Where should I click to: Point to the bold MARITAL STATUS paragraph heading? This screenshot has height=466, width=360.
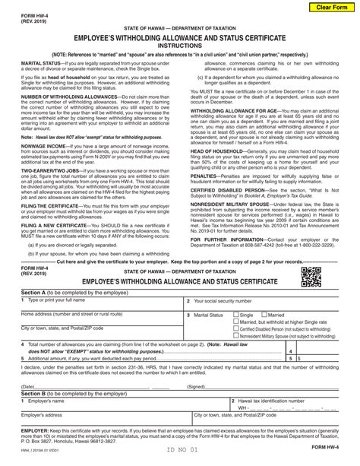pyautogui.click(x=25, y=63)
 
